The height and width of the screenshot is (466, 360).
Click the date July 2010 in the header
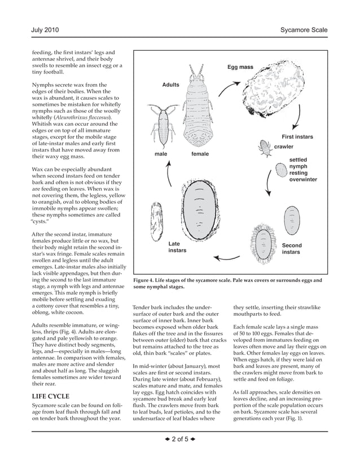point(45,29)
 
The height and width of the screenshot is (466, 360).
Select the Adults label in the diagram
point(170,85)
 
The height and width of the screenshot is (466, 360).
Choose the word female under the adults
point(200,154)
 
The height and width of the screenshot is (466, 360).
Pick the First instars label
point(297,137)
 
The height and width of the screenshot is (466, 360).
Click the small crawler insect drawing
point(264,148)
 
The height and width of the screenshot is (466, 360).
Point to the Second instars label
point(292,249)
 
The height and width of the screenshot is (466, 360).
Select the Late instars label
point(177,247)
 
